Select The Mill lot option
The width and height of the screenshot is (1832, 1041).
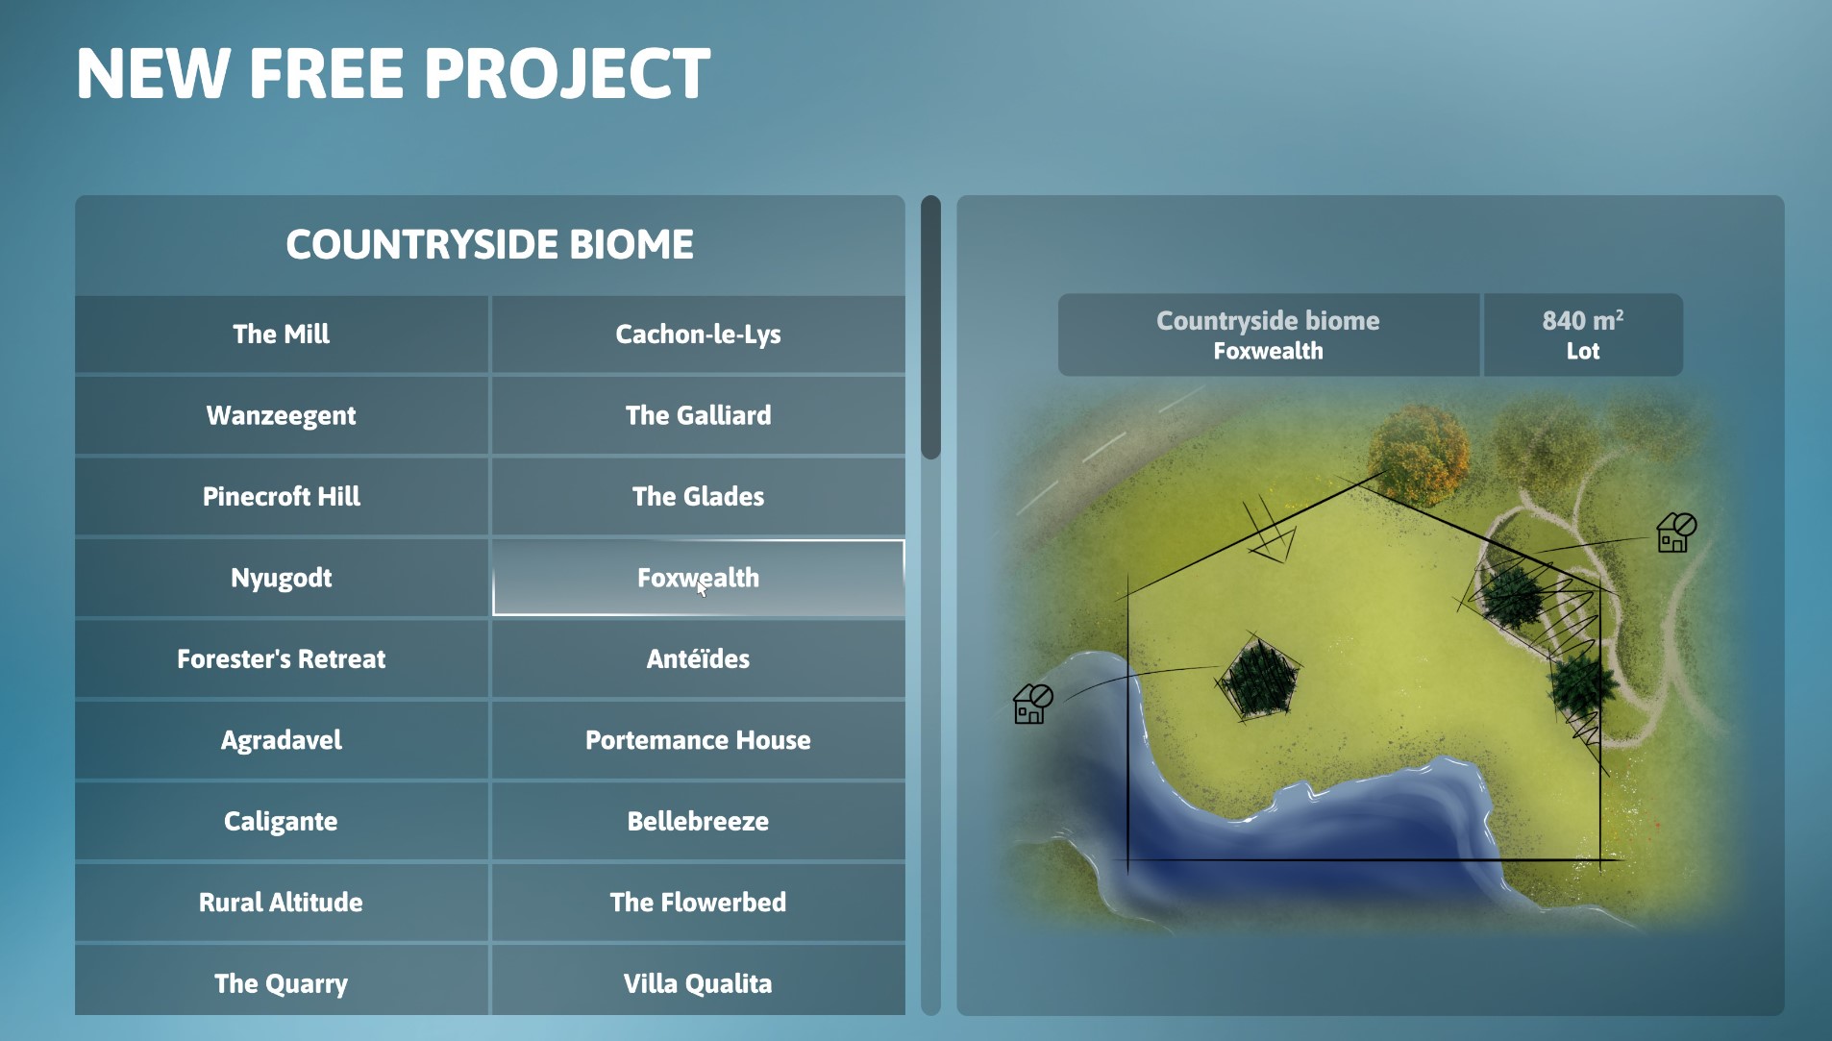tap(281, 334)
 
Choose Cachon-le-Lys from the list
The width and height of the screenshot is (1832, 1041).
tap(698, 334)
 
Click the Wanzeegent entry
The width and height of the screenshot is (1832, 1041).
tap(281, 415)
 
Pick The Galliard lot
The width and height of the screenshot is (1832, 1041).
tap(698, 415)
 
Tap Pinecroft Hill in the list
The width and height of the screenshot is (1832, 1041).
tap(281, 496)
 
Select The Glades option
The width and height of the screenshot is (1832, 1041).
tap(698, 496)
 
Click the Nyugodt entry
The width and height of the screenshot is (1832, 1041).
tap(281, 578)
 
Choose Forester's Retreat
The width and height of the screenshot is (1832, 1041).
tap(281, 658)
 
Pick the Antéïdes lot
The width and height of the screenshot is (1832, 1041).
tap(698, 658)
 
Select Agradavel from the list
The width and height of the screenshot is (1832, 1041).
tap(281, 740)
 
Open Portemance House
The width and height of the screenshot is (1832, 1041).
tap(698, 740)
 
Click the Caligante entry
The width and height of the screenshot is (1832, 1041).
tap(281, 821)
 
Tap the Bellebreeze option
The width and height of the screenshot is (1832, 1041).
tap(698, 821)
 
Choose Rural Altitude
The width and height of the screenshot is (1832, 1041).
tap(281, 903)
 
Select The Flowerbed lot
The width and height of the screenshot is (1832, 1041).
tap(698, 903)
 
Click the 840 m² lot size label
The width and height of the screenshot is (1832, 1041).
tap(1582, 335)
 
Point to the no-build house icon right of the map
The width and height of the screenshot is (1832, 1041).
tap(1676, 533)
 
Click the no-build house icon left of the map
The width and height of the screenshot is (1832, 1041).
tap(1033, 704)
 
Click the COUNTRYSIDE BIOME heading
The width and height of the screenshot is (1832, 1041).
tap(490, 244)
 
